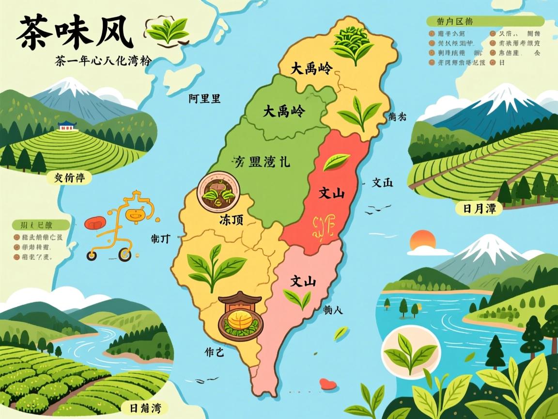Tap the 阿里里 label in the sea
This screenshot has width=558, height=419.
click(x=204, y=99)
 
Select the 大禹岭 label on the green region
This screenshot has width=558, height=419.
click(x=284, y=112)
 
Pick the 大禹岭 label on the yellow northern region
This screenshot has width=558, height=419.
click(x=311, y=69)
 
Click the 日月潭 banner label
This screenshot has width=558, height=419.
click(x=479, y=209)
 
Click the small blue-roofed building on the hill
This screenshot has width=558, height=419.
click(x=67, y=126)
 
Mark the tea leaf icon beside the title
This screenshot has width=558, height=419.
click(x=167, y=31)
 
